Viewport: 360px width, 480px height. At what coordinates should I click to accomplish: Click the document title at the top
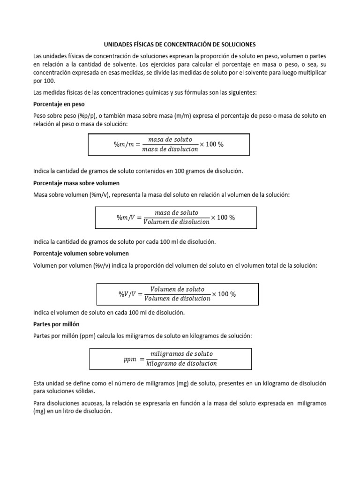click(x=180, y=45)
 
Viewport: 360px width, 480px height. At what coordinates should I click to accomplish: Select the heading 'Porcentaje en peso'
click(x=58, y=104)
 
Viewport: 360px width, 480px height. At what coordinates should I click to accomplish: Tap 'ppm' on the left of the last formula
click(x=130, y=359)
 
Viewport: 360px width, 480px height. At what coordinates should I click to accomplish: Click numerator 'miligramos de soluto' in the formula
click(x=181, y=353)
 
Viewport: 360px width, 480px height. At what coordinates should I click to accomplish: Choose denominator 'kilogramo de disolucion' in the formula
click(x=181, y=364)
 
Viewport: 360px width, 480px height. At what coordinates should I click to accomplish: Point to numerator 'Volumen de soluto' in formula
click(x=177, y=289)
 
